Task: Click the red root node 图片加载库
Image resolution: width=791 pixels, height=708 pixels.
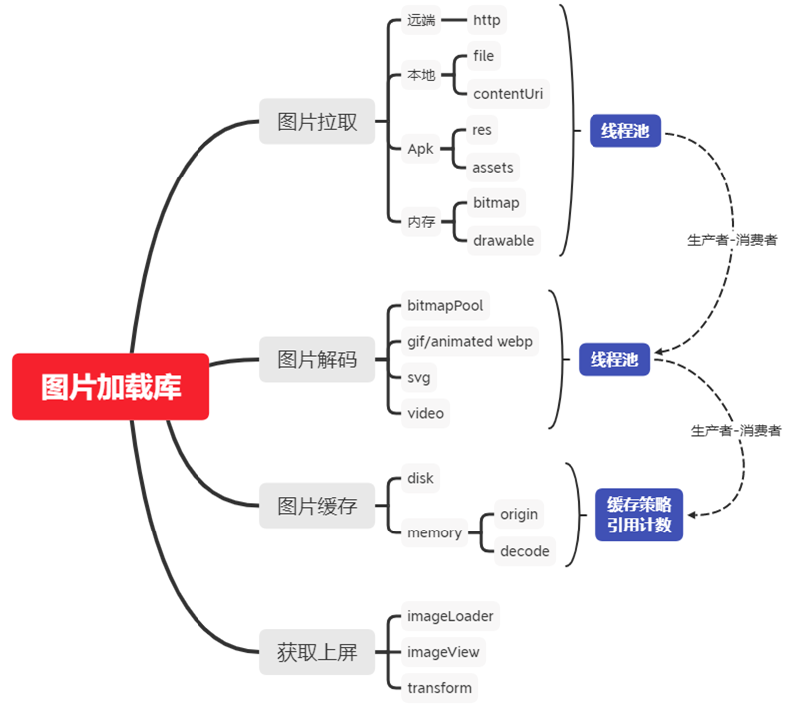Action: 111,387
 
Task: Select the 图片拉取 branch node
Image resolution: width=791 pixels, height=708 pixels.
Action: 316,123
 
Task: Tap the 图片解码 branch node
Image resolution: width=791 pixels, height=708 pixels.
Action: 316,359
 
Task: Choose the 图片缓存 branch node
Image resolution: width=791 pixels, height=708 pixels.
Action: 316,505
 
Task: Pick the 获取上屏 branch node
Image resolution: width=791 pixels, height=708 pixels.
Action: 316,654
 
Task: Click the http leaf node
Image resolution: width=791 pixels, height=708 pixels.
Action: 487,19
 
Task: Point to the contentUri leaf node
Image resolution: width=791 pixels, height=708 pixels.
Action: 509,94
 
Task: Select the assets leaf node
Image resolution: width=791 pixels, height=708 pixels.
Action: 493,167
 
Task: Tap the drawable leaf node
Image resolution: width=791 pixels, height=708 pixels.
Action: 503,240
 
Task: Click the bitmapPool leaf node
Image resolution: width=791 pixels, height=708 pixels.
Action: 445,305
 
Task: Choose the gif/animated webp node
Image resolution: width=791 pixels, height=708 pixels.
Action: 469,341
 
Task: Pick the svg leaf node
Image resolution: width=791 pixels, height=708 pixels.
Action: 419,378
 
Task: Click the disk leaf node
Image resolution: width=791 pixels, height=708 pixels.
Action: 420,478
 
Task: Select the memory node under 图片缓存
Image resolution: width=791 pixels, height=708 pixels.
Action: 434,532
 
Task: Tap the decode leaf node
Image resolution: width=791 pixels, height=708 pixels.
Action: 524,551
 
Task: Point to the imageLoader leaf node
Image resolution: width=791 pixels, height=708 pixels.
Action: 449,616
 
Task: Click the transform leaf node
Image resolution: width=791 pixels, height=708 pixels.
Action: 438,687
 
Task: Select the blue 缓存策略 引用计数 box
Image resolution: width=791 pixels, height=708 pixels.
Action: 638,515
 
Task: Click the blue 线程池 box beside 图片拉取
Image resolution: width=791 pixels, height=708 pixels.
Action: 624,130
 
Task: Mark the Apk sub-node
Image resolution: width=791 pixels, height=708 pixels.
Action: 420,149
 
